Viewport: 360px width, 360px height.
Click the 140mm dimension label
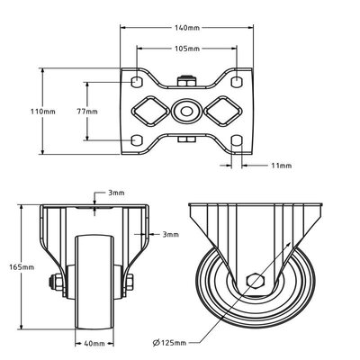[186, 29]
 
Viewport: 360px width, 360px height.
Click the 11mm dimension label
[281, 166]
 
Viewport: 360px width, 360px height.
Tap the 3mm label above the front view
[117, 193]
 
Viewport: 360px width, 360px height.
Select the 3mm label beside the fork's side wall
[169, 234]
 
